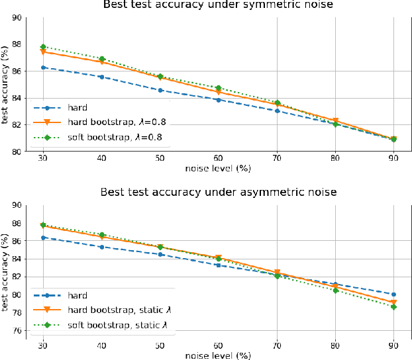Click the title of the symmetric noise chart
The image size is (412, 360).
[x=218, y=6]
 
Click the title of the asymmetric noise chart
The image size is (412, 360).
[x=218, y=193]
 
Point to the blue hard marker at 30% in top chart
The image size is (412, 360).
[x=44, y=67]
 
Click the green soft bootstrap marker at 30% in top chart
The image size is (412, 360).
[x=44, y=47]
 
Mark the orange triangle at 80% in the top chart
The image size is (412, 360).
[x=335, y=121]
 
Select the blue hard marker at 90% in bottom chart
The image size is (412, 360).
[x=393, y=294]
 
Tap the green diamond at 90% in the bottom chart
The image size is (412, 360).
[x=393, y=307]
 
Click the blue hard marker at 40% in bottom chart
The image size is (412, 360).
[x=102, y=247]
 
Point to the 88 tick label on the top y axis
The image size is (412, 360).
[x=15, y=44]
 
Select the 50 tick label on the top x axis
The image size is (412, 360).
[x=160, y=160]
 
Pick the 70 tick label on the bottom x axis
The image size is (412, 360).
[x=277, y=345]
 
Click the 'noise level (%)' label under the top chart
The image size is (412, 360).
[x=218, y=169]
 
